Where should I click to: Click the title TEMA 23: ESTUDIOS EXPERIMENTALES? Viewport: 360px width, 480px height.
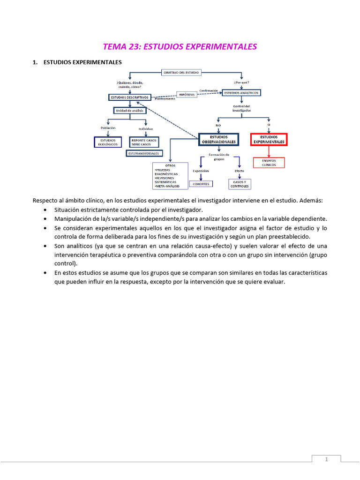tap(180, 46)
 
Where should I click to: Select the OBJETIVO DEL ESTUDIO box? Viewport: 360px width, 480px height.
tap(181, 73)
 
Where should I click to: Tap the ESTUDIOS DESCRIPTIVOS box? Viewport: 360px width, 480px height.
tap(129, 97)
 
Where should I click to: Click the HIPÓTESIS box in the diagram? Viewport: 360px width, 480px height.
tap(187, 94)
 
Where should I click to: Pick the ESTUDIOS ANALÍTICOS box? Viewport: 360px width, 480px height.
tap(241, 93)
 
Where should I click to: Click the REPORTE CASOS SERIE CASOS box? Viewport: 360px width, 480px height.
tap(144, 142)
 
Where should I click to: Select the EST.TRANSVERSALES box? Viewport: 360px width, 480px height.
tap(143, 153)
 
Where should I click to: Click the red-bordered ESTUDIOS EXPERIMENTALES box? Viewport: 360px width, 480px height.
tap(269, 139)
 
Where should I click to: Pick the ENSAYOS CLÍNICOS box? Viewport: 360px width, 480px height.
tap(269, 163)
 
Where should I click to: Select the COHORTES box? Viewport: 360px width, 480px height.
tap(201, 184)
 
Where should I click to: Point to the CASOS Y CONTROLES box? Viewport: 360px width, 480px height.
tap(239, 184)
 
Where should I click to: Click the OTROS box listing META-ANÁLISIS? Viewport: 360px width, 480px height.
tap(170, 176)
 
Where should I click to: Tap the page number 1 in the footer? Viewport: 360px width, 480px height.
tap(326, 460)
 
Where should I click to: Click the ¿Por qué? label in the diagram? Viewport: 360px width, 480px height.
tap(241, 82)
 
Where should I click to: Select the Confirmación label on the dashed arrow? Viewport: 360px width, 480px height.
tap(208, 90)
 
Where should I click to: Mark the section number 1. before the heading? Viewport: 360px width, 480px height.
tap(35, 62)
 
